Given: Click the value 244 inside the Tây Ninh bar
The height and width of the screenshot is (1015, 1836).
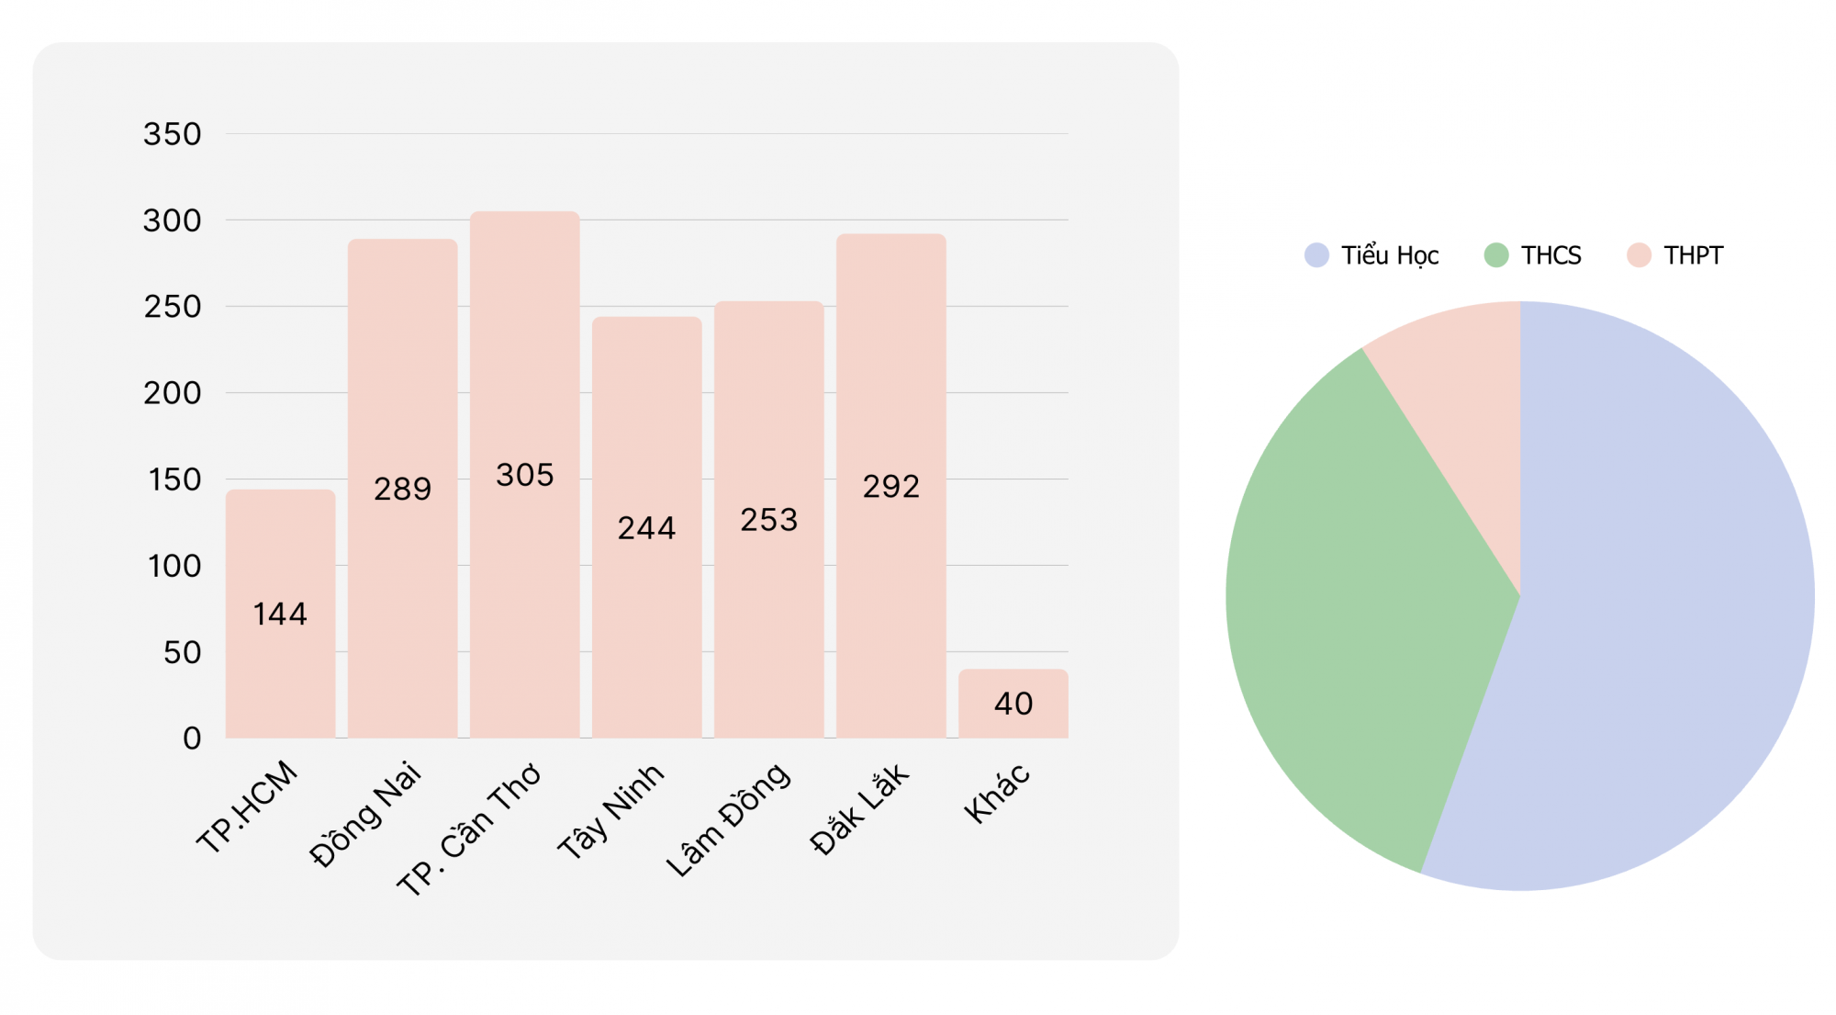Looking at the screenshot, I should [646, 528].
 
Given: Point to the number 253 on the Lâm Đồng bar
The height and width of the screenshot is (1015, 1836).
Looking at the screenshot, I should [769, 520].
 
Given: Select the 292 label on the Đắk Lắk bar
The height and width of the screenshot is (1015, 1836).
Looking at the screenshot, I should [890, 486].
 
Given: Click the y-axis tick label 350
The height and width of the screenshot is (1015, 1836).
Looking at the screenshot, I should [172, 134].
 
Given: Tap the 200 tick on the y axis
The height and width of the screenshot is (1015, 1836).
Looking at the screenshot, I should [172, 393].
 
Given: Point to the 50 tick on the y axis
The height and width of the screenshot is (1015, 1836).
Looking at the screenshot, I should [182, 652].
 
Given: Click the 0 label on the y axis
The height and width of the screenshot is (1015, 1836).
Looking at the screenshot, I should [191, 738].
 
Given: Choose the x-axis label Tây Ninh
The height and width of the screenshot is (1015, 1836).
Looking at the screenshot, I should [610, 811].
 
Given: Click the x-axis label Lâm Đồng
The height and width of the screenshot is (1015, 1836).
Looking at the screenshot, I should [727, 819].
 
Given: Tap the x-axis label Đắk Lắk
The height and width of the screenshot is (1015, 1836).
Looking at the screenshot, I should [859, 808].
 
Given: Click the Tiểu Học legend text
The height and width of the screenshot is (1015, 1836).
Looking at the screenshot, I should [1390, 255].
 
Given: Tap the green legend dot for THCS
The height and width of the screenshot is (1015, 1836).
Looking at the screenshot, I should [1496, 255].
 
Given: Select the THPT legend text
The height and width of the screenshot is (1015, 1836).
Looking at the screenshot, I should [1694, 255].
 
